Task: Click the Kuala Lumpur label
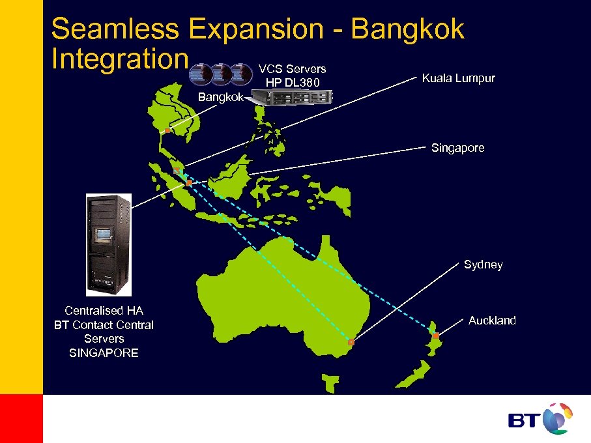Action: tap(458, 78)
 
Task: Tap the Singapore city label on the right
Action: tap(457, 148)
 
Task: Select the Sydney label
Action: tap(483, 264)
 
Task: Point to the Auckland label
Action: tap(492, 321)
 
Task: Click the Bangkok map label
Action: tap(220, 97)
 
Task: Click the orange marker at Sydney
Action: tap(351, 342)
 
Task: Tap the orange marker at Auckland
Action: tap(436, 336)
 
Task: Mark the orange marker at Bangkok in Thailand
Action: tap(167, 131)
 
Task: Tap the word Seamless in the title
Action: tap(114, 29)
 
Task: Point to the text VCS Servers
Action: tap(292, 69)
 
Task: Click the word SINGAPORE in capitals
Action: tap(104, 353)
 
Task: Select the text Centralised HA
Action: tap(104, 311)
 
